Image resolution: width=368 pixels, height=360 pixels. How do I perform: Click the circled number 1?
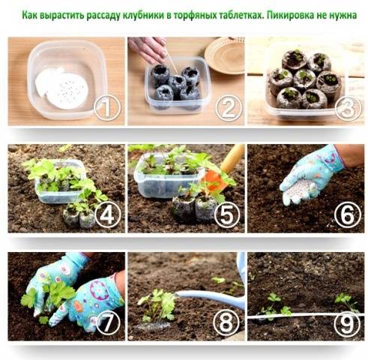pyautogui.click(x=107, y=108)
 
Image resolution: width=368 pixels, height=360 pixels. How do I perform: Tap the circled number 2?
pyautogui.click(x=229, y=108)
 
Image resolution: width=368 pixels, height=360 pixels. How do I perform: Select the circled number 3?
pyautogui.click(x=348, y=108)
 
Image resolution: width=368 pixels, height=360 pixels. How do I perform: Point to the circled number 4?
pyautogui.click(x=107, y=214)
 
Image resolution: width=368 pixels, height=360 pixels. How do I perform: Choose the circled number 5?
pyautogui.click(x=227, y=214)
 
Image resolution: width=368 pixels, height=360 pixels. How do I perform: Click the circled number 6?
pyautogui.click(x=348, y=214)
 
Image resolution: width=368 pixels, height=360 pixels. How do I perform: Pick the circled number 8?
pyautogui.click(x=227, y=322)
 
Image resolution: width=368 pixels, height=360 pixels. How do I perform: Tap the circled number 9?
pyautogui.click(x=348, y=322)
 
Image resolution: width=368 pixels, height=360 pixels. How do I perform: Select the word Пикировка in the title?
pyautogui.click(x=292, y=15)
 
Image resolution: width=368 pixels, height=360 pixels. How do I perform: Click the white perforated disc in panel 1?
pyautogui.click(x=67, y=91)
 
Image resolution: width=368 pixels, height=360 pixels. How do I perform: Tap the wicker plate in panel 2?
pyautogui.click(x=225, y=56)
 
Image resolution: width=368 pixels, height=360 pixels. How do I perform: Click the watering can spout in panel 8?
pyautogui.click(x=208, y=297)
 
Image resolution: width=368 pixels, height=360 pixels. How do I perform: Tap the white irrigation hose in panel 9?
pyautogui.click(x=306, y=316)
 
